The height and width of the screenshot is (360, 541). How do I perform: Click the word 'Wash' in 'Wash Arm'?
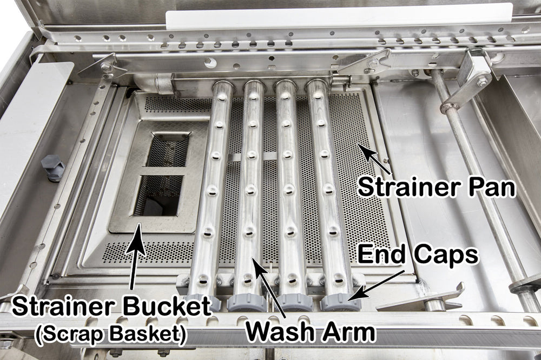(x=279, y=332)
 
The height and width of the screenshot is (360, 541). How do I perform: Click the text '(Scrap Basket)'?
(x=111, y=334)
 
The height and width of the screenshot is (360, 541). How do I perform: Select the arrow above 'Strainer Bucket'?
(x=136, y=256)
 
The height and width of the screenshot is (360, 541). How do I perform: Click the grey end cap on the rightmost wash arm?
(x=340, y=302)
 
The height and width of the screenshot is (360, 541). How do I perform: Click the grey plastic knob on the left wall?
(x=54, y=168)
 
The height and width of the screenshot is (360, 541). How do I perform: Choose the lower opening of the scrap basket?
(x=159, y=195)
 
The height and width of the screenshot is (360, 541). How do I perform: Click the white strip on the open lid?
(x=339, y=18)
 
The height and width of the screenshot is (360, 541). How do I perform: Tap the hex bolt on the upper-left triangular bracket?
(x=106, y=66)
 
